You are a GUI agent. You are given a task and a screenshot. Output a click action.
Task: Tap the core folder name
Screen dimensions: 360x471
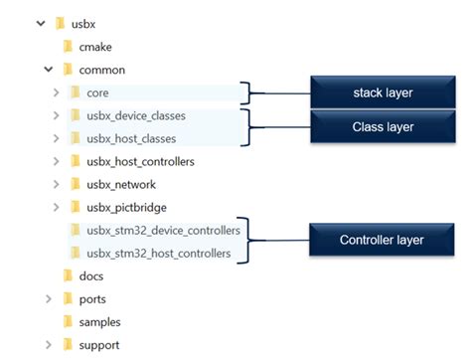click(97, 92)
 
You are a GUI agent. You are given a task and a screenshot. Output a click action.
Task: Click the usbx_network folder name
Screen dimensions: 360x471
click(121, 184)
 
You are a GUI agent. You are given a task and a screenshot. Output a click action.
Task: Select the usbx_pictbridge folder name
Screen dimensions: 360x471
click(126, 207)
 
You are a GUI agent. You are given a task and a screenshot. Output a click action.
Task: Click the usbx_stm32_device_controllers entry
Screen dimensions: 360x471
click(163, 231)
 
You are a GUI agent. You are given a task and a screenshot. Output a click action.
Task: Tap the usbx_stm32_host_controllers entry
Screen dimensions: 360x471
click(159, 254)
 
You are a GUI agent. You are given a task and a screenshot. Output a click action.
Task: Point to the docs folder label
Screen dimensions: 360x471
click(91, 275)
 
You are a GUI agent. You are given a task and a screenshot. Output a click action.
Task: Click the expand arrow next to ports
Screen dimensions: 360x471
click(49, 298)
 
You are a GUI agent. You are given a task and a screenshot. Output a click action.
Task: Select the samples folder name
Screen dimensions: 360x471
click(99, 321)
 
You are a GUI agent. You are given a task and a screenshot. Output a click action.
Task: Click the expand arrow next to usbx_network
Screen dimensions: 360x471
click(58, 184)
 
